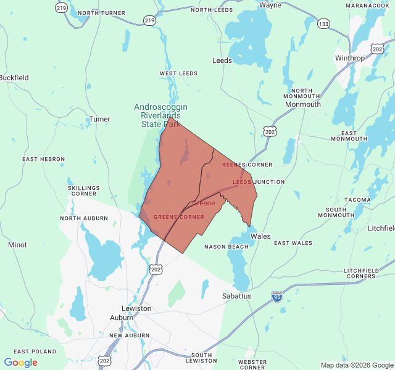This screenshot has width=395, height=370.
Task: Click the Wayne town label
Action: [270, 5]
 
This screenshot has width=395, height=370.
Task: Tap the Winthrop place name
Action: [350, 58]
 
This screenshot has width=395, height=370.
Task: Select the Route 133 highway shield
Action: [323, 23]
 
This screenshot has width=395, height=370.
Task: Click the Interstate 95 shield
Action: [277, 297]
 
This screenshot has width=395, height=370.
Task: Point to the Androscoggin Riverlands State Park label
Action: [160, 115]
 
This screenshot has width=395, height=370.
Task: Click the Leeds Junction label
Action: [259, 182]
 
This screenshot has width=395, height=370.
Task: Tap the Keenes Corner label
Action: [247, 165]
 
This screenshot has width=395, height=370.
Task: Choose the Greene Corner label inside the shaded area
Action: [178, 217]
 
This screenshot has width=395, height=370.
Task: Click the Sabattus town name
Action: [236, 296]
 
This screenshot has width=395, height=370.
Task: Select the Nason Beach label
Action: [227, 247]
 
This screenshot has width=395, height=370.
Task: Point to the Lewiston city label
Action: [137, 308]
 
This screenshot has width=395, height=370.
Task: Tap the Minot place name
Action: [17, 245]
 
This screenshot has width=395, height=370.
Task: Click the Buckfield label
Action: [14, 78]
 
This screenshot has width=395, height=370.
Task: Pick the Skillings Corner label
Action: [83, 191]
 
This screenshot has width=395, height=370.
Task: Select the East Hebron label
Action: [43, 159]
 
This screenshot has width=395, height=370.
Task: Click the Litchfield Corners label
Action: [365, 274]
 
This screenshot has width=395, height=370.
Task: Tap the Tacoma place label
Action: [357, 200]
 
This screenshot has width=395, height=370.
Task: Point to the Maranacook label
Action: [367, 5]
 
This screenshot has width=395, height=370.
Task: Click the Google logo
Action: [20, 363]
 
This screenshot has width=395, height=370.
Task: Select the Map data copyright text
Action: [357, 365]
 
